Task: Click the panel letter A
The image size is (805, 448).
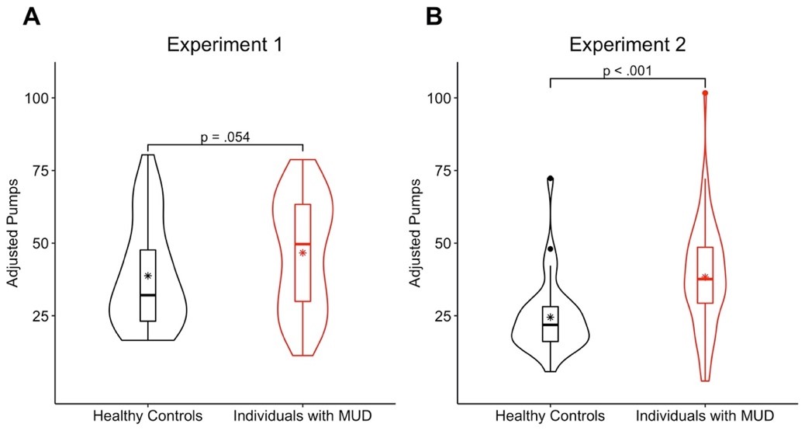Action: (32, 16)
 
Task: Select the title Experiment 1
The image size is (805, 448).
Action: (224, 44)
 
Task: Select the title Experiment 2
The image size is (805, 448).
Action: (627, 44)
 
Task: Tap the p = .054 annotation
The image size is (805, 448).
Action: (224, 137)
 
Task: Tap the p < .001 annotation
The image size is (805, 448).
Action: (627, 71)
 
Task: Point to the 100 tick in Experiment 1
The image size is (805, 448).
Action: (36, 98)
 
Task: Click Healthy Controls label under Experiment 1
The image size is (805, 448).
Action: (147, 416)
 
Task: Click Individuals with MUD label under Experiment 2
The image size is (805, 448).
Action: (705, 416)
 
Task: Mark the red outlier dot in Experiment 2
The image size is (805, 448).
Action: (705, 93)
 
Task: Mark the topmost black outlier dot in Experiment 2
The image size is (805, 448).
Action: (551, 179)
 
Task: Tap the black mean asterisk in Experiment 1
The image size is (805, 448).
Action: (147, 276)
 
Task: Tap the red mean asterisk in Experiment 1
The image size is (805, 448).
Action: (302, 252)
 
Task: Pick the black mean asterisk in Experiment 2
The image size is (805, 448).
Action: (551, 317)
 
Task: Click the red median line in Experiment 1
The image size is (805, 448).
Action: (302, 244)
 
